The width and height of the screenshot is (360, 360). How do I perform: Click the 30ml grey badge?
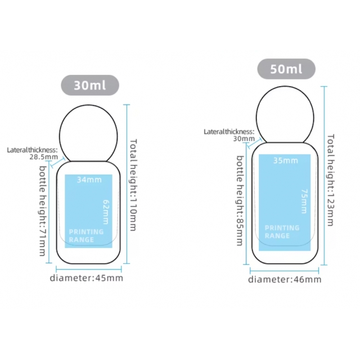(90, 85)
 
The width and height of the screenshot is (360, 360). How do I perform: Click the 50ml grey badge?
(286, 69)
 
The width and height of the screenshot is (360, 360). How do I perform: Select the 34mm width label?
(89, 179)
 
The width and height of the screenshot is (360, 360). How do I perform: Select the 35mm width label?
(286, 160)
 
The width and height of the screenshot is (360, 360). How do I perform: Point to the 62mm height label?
(106, 212)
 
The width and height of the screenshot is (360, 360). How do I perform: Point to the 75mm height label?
(304, 201)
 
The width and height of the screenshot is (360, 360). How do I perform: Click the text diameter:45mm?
(87, 278)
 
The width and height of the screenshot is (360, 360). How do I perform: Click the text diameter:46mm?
(285, 280)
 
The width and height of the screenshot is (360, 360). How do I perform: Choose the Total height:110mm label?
(133, 185)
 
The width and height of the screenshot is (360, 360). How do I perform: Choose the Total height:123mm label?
(330, 180)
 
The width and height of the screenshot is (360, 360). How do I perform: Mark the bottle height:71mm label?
(43, 211)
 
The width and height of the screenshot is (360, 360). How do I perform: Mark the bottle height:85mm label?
(240, 201)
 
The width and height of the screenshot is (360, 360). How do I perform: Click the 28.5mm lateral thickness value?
(44, 157)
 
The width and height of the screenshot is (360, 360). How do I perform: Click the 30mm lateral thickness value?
(244, 139)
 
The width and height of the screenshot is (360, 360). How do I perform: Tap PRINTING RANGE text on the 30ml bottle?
(86, 236)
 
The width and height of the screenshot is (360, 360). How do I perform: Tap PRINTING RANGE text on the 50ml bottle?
(282, 232)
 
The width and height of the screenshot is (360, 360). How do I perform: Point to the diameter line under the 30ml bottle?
(89, 269)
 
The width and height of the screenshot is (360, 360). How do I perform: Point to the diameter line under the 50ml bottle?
(284, 271)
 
